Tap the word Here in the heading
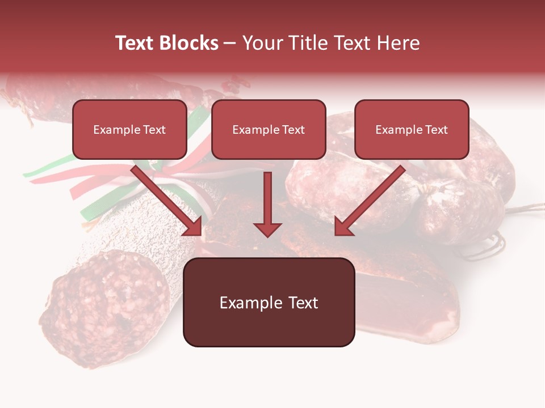[399, 43]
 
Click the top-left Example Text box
[129, 129]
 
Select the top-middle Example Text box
[269, 129]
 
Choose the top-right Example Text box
[412, 129]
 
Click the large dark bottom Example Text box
[269, 302]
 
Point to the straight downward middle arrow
[267, 201]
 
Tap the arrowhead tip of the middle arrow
[267, 235]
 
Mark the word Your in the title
[263, 43]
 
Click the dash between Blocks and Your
[230, 43]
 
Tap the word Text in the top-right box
[437, 130]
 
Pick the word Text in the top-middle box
[294, 130]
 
